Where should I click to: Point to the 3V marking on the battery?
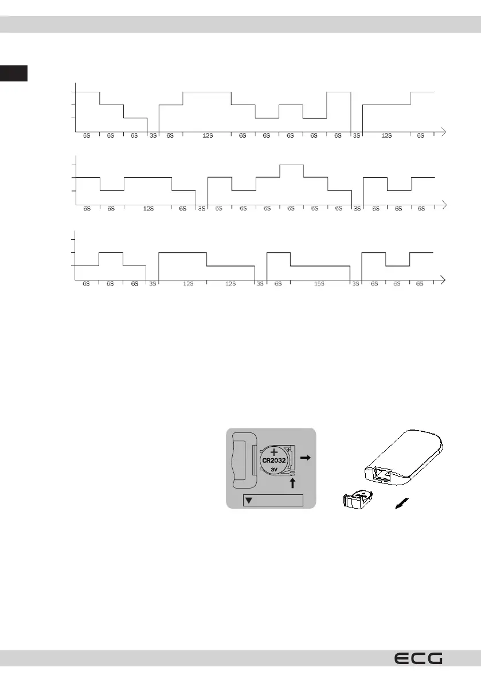(275, 469)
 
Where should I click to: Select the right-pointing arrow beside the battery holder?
(306, 459)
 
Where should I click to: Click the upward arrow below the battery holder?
(293, 483)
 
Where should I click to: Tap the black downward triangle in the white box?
(248, 500)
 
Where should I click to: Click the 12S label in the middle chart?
(148, 209)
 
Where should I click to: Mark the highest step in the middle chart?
(291, 165)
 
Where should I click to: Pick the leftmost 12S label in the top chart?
(208, 136)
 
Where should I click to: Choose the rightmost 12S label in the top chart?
(386, 136)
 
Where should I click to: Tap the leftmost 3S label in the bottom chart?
(152, 284)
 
